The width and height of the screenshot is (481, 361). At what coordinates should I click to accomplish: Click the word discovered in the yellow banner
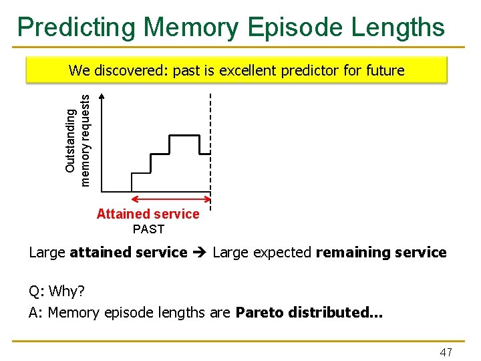[x=131, y=70]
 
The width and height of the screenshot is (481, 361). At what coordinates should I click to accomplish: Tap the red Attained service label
[x=148, y=214]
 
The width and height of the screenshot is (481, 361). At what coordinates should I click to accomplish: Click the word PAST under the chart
[x=148, y=229]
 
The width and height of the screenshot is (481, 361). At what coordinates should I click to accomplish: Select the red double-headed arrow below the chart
[x=170, y=199]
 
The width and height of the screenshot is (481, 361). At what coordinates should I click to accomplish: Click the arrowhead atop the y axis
[x=102, y=98]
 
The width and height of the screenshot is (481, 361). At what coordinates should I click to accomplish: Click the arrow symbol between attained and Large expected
[x=200, y=253]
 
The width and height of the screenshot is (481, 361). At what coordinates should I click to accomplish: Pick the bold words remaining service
[x=381, y=253]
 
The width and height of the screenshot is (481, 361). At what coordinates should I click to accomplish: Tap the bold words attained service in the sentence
[x=128, y=253]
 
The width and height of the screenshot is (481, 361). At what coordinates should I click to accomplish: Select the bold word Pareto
[x=260, y=312]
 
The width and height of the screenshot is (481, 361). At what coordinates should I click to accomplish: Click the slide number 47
[x=446, y=352]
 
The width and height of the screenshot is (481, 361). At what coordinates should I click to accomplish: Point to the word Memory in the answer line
[x=73, y=312]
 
